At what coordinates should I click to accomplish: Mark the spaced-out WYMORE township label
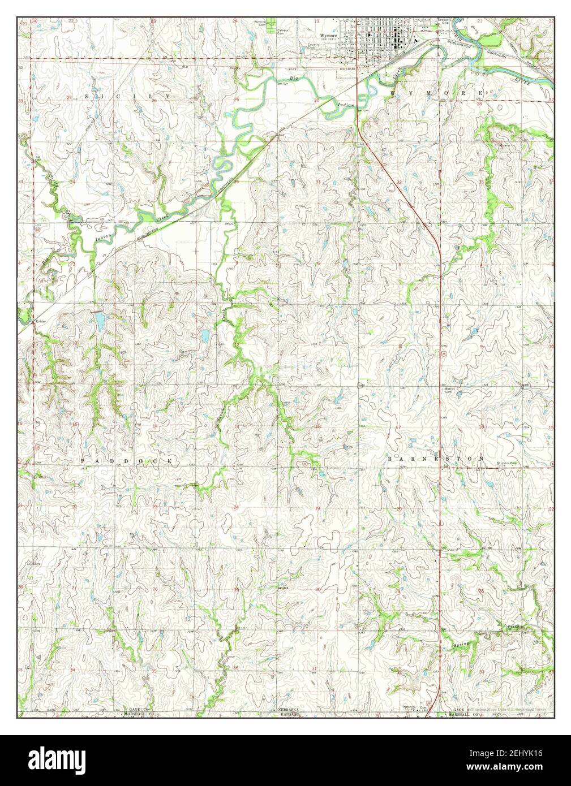click(436, 92)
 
